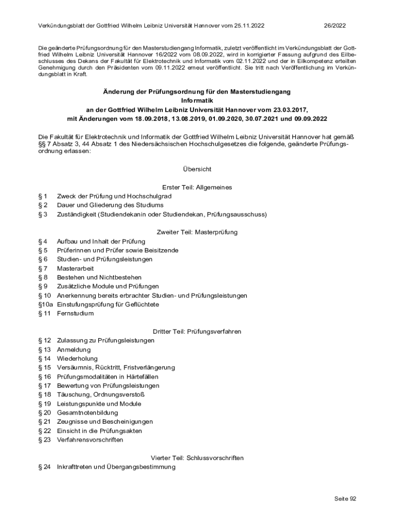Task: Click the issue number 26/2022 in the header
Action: (x=335, y=25)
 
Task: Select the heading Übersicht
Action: (x=197, y=169)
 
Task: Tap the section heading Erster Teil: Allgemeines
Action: (x=197, y=187)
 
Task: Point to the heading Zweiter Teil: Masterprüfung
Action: (x=197, y=232)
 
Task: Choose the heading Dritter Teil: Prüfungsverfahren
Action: (x=197, y=332)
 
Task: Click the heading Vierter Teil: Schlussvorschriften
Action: (x=197, y=458)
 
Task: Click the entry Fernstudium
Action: (x=75, y=314)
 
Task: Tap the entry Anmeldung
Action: (x=74, y=350)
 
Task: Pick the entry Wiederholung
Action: (x=77, y=359)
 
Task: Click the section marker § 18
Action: (x=45, y=395)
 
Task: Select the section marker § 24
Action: (x=45, y=467)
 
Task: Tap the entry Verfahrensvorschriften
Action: (x=90, y=440)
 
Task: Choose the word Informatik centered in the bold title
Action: (x=197, y=100)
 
